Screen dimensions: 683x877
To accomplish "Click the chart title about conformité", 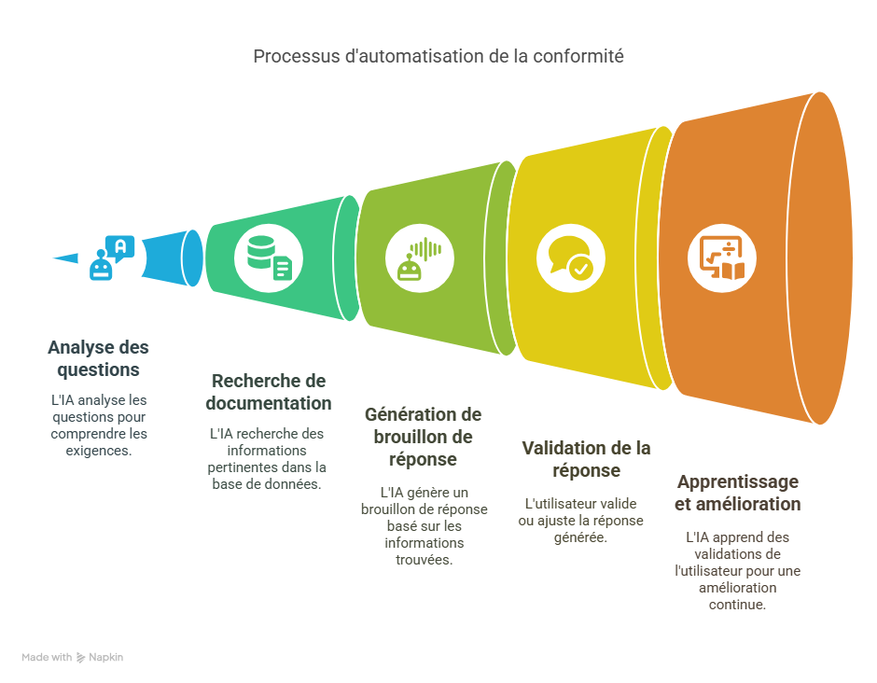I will coord(438,56).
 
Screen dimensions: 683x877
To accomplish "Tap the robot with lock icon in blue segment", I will coord(111,258).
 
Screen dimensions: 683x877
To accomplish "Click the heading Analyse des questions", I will coord(98,358).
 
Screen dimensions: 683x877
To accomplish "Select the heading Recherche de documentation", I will coord(269,392).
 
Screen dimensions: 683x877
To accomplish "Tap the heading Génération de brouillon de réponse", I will coord(423,437).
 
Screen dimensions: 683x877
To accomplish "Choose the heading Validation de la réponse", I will coord(586,458).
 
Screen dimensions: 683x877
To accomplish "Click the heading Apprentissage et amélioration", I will coord(737,493).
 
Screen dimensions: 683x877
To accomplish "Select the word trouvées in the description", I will coord(423,560).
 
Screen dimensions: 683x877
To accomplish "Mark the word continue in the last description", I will coord(737,604).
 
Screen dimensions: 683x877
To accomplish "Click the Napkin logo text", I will coord(105,657).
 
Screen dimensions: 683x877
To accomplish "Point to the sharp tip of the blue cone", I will coord(49,258).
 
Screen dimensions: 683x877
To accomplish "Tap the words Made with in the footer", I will coord(47,657).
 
